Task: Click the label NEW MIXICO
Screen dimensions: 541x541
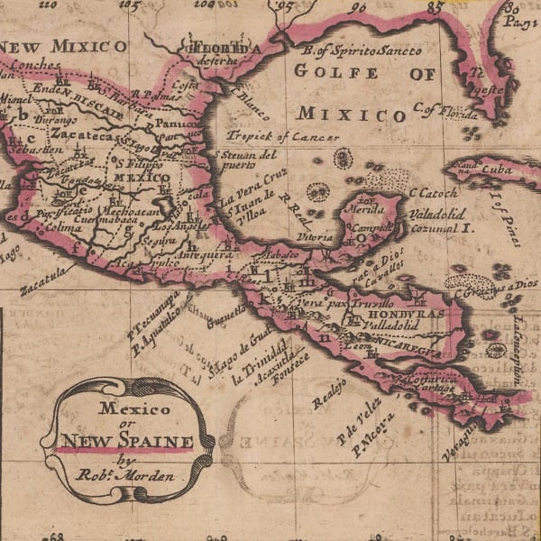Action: pyautogui.click(x=63, y=46)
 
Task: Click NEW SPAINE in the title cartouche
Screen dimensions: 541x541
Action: pyautogui.click(x=127, y=442)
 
